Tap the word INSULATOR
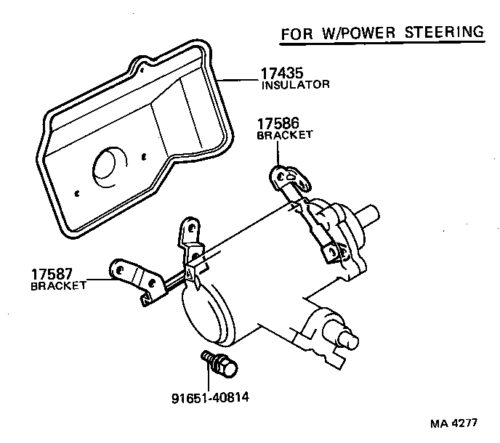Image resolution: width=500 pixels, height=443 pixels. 295,84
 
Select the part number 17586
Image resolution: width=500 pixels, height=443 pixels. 275,124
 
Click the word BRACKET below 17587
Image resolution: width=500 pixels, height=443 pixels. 58,285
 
